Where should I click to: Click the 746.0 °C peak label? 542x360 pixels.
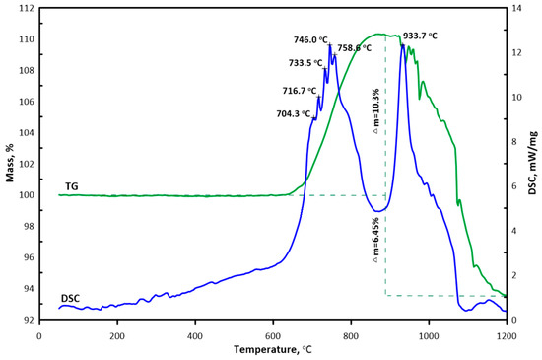(313, 40)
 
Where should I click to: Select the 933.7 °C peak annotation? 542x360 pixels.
(418, 36)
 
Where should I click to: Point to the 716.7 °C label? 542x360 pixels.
(302, 90)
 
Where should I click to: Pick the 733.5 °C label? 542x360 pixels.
(306, 63)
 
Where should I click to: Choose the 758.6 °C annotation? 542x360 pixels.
(355, 47)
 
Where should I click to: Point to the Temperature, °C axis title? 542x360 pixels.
(272, 349)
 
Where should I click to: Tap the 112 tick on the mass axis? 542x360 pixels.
(26, 8)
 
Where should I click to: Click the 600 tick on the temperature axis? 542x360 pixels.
(273, 333)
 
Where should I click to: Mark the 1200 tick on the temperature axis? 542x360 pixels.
(506, 333)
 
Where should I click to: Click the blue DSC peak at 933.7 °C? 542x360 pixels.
(403, 45)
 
